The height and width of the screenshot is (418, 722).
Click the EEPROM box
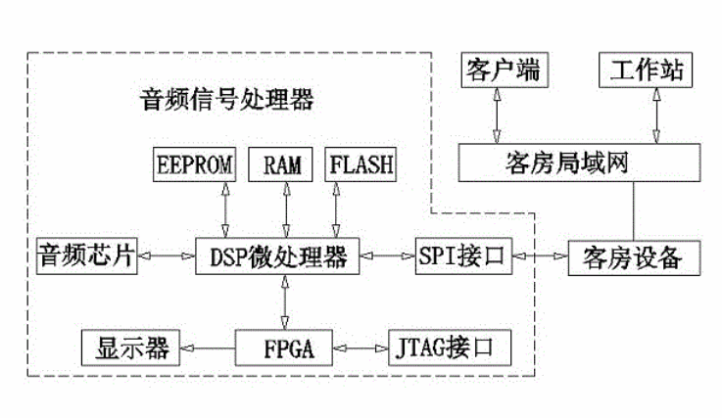(196, 164)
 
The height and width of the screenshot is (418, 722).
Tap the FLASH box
(361, 164)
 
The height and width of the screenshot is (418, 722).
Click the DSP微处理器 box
(285, 257)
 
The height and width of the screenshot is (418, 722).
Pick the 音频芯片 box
(86, 257)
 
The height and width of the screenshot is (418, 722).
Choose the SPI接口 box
(461, 257)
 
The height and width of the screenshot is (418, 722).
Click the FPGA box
(284, 347)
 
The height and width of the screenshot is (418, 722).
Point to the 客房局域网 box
(572, 163)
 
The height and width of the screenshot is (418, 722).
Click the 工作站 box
(646, 70)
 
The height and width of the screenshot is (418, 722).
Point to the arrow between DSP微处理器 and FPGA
(285, 302)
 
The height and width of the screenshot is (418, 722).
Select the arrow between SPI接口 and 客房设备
(539, 257)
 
